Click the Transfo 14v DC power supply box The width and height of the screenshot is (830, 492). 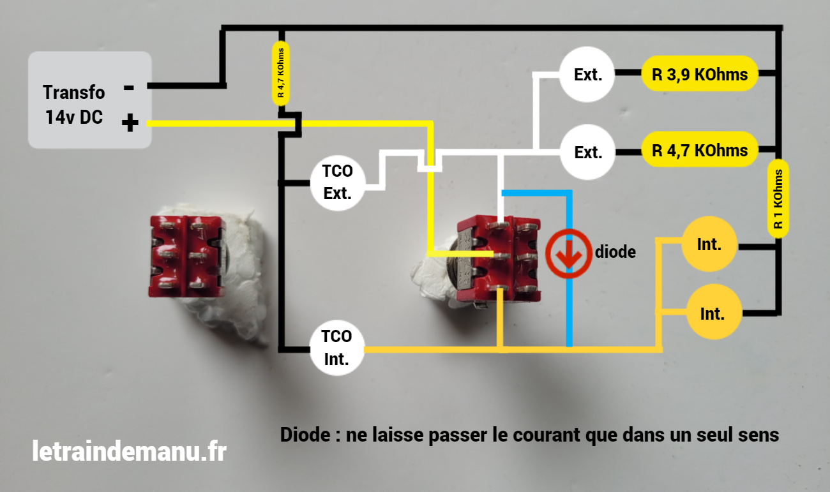tap(89, 100)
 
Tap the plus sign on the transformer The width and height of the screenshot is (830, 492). tap(130, 123)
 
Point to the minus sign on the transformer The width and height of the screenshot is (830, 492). tap(129, 87)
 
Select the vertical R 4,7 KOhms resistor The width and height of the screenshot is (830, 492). tap(280, 74)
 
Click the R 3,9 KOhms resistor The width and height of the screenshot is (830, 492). tap(700, 75)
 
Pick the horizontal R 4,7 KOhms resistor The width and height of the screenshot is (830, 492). tap(700, 151)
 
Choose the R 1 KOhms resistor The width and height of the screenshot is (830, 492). tap(778, 198)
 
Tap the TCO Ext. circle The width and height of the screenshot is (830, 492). tap(337, 183)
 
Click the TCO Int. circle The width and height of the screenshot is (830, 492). tap(336, 348)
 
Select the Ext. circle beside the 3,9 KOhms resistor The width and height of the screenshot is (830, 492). tap(587, 75)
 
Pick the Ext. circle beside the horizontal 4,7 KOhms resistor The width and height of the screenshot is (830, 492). tap(588, 152)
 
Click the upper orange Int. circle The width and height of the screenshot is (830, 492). tap(709, 244)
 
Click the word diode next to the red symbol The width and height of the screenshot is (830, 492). tap(615, 251)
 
